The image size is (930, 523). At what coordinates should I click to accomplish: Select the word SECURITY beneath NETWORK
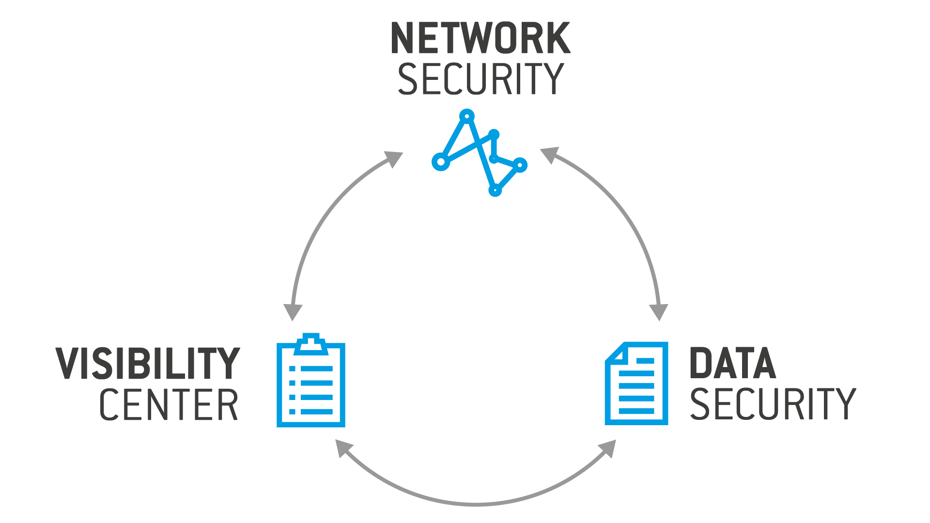[480, 79]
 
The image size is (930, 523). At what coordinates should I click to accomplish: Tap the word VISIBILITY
[148, 363]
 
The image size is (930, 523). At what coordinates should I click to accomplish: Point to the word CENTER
[169, 405]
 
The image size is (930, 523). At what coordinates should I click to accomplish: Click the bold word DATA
[732, 363]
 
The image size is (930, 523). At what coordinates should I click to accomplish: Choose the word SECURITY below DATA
[773, 404]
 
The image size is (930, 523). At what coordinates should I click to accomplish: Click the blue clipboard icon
[310, 383]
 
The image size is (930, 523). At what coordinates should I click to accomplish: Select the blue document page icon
[636, 384]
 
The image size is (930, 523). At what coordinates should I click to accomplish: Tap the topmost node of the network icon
[466, 116]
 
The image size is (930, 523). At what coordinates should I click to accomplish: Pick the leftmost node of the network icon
[441, 162]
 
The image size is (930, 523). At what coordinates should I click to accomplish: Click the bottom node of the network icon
[495, 190]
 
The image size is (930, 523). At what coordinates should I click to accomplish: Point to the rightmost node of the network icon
[520, 165]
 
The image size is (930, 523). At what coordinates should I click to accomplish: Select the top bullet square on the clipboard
[292, 369]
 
